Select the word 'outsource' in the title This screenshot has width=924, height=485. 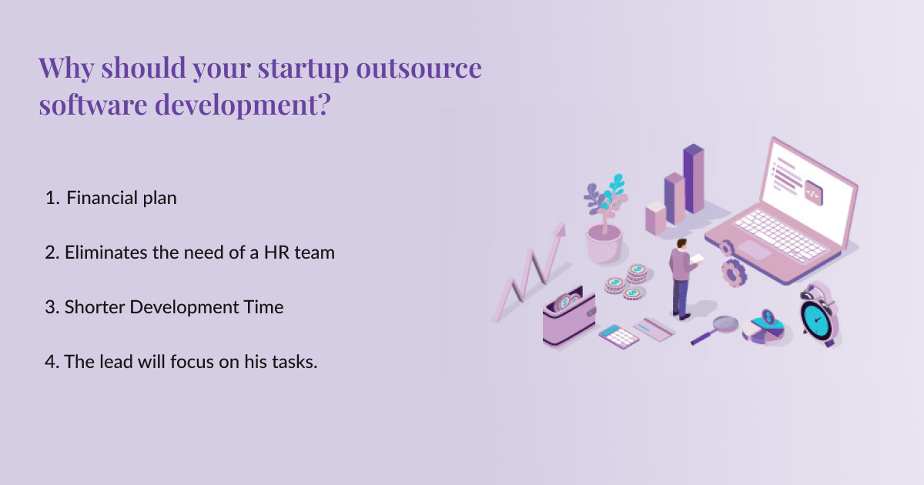tap(419, 68)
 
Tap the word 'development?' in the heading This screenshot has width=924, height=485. tap(243, 105)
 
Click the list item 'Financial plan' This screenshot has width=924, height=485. tap(122, 198)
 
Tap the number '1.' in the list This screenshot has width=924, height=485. tap(52, 198)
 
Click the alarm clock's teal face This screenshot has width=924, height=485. tap(815, 319)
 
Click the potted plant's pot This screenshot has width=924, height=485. tap(604, 243)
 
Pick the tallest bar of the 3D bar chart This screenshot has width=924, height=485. tap(694, 179)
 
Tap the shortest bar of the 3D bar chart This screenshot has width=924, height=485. tap(655, 218)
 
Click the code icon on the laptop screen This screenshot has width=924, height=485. tap(813, 193)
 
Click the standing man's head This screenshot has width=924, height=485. tap(682, 244)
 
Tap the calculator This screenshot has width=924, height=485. tap(619, 336)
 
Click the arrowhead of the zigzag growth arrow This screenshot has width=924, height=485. tap(560, 229)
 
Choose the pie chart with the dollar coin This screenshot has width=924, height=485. tap(764, 329)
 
